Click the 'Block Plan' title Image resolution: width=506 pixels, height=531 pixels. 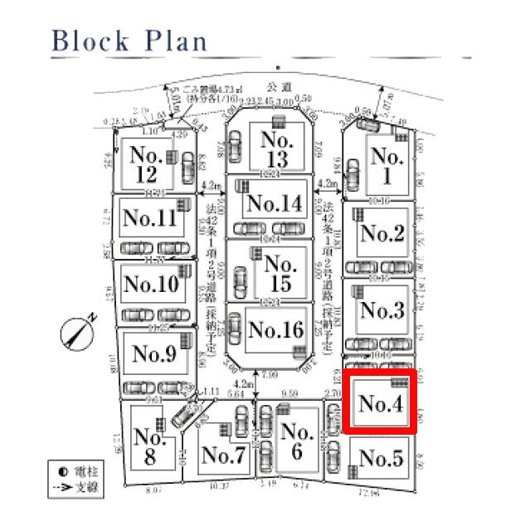pyautogui.click(x=129, y=41)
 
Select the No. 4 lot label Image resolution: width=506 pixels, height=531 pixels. pyautogui.click(x=380, y=404)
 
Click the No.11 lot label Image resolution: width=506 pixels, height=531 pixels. pyautogui.click(x=149, y=218)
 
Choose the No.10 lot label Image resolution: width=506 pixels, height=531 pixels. pyautogui.click(x=150, y=285)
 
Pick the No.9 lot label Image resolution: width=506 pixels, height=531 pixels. pyautogui.click(x=154, y=353)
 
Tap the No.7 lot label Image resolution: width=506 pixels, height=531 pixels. pyautogui.click(x=223, y=455)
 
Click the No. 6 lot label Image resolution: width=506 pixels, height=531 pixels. pyautogui.click(x=296, y=441)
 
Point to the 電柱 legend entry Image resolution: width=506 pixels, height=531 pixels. pyautogui.click(x=80, y=473)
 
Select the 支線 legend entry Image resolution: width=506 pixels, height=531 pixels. pyautogui.click(x=80, y=488)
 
